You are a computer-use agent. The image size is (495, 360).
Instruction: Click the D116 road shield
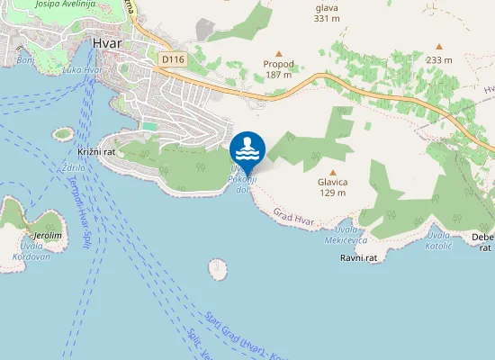pyautogui.click(x=173, y=59)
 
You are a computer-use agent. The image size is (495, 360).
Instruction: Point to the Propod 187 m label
pyautogui.click(x=278, y=69)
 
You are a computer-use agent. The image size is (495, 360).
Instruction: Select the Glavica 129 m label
pyautogui.click(x=333, y=187)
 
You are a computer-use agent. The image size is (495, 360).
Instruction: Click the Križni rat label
pyautogui.click(x=97, y=152)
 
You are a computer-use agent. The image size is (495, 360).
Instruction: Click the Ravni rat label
pyautogui.click(x=357, y=258)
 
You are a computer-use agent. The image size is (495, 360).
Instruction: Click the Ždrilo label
pyautogui.click(x=74, y=167)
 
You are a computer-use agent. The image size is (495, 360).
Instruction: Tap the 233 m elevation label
pyautogui.click(x=439, y=60)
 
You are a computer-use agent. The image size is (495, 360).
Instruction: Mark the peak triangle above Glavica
pyautogui.click(x=333, y=172)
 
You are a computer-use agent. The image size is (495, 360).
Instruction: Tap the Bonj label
pyautogui.click(x=25, y=61)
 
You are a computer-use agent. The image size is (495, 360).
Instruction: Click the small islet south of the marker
pyautogui.click(x=217, y=267)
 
